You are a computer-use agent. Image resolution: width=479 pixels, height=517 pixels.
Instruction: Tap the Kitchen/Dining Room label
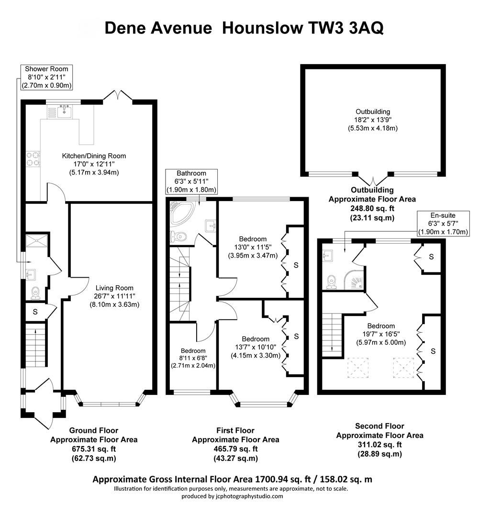[94, 164]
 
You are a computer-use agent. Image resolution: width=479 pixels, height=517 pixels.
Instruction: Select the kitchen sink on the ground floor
[64, 112]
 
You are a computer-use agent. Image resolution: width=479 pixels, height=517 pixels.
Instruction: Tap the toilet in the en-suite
[331, 281]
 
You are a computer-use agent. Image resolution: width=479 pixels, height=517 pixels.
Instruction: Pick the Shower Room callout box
[46, 77]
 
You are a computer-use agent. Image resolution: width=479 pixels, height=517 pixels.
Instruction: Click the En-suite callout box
[442, 224]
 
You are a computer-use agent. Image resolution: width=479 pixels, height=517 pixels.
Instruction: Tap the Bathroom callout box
[191, 181]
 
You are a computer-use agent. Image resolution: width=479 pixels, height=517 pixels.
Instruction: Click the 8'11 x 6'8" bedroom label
[193, 358]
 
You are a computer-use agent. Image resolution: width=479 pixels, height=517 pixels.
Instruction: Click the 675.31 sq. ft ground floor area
[94, 449]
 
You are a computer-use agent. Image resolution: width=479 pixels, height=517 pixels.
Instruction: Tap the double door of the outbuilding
[373, 180]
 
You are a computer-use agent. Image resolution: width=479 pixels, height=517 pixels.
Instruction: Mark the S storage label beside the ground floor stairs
[35, 312]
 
